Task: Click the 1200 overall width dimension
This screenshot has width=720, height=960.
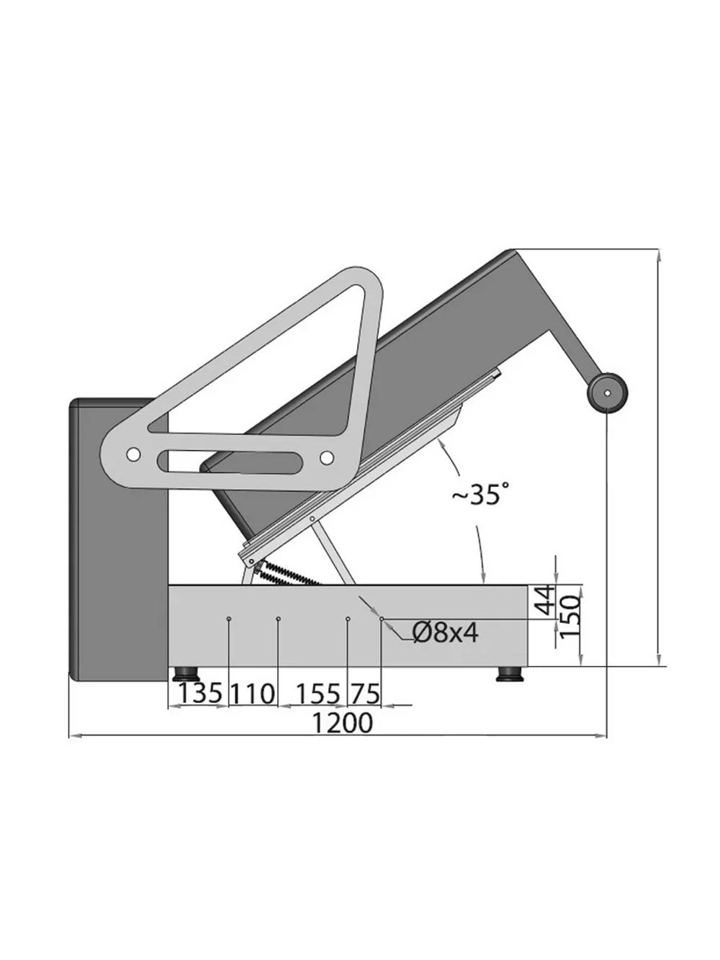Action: pyautogui.click(x=342, y=722)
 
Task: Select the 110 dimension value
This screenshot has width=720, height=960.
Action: pyautogui.click(x=253, y=694)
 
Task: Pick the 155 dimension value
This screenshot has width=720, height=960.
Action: pyautogui.click(x=318, y=694)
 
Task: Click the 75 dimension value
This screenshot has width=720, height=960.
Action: pyautogui.click(x=364, y=694)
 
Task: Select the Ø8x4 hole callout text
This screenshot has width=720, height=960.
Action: pyautogui.click(x=446, y=632)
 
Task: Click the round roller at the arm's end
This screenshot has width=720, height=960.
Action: pyautogui.click(x=607, y=392)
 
